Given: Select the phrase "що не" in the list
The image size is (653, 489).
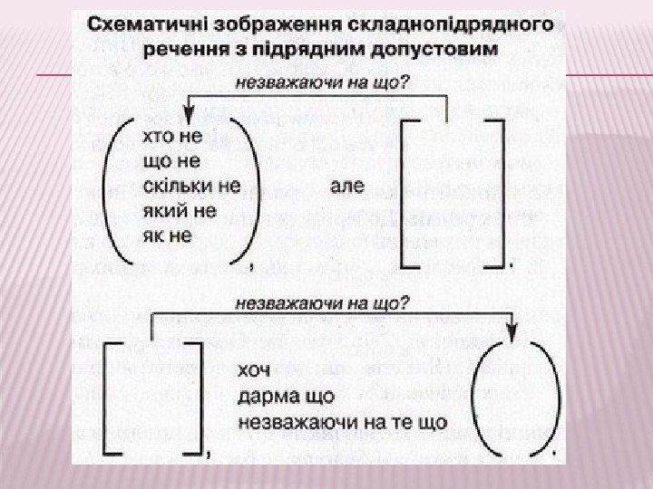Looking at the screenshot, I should click(x=170, y=161).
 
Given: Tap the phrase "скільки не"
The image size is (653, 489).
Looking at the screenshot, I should click(x=191, y=186).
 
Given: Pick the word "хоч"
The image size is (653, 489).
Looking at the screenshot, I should click(x=254, y=371).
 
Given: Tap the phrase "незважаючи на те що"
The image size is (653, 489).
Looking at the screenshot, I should click(x=343, y=421).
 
